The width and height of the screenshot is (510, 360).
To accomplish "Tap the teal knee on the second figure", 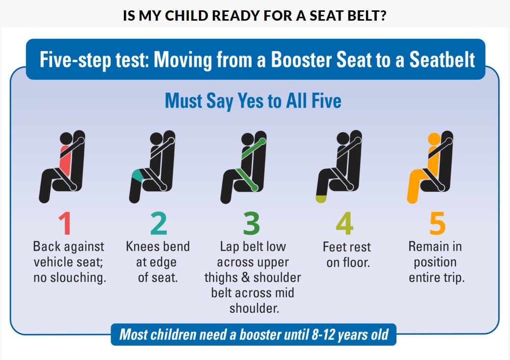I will [138, 174].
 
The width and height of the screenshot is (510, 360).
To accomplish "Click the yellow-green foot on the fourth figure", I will [321, 198].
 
